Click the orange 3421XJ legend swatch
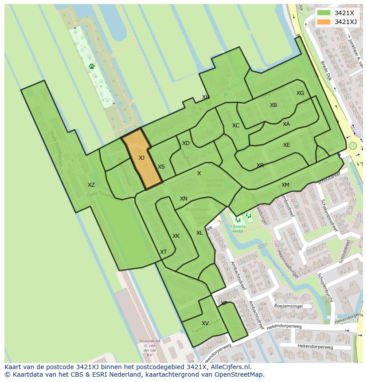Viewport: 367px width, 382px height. pos(324,22)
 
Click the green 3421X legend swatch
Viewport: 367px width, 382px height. pos(324,13)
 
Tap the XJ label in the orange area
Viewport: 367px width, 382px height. pos(141,158)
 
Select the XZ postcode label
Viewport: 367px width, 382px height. pos(91,185)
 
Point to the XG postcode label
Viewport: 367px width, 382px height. pos(301,93)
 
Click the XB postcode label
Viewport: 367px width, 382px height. pos(273,105)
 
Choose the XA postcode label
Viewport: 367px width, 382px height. pos(286,124)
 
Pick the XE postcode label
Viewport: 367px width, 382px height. pos(287,145)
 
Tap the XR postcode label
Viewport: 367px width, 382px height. pos(260,165)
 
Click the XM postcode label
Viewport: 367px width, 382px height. pos(285,185)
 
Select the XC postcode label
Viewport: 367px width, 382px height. pos(236,126)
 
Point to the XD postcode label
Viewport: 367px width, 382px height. pos(186,143)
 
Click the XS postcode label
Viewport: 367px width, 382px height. pos(161,167)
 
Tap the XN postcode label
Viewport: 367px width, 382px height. pos(183,199)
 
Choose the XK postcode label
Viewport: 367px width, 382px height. pos(176,236)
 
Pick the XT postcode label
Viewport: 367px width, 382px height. pos(164,252)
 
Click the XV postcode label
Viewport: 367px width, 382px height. pos(205,323)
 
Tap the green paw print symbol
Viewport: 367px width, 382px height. pos(92,67)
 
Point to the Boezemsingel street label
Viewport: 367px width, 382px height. pos(288,306)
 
